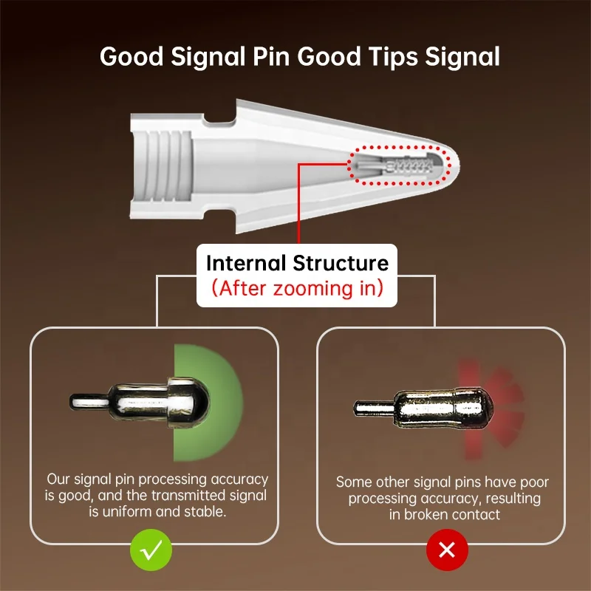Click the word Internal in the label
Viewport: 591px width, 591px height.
(x=246, y=263)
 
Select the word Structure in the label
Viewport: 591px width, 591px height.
(x=343, y=263)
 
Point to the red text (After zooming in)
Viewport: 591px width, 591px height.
(x=297, y=287)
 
